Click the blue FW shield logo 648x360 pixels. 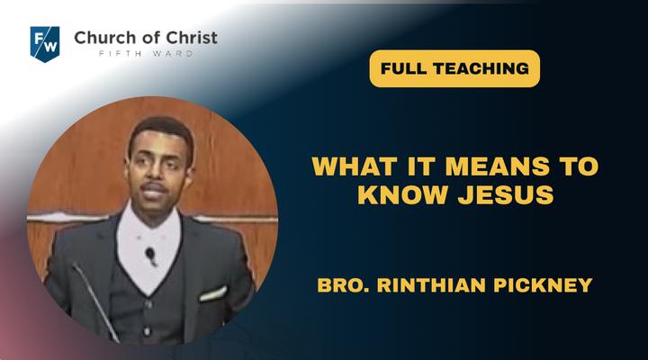tap(45, 44)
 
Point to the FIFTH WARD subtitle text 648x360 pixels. tap(146, 54)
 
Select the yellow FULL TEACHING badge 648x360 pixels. tap(454, 68)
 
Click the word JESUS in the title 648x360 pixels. tap(506, 194)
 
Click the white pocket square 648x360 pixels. tap(213, 293)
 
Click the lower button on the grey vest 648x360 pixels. tap(147, 331)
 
